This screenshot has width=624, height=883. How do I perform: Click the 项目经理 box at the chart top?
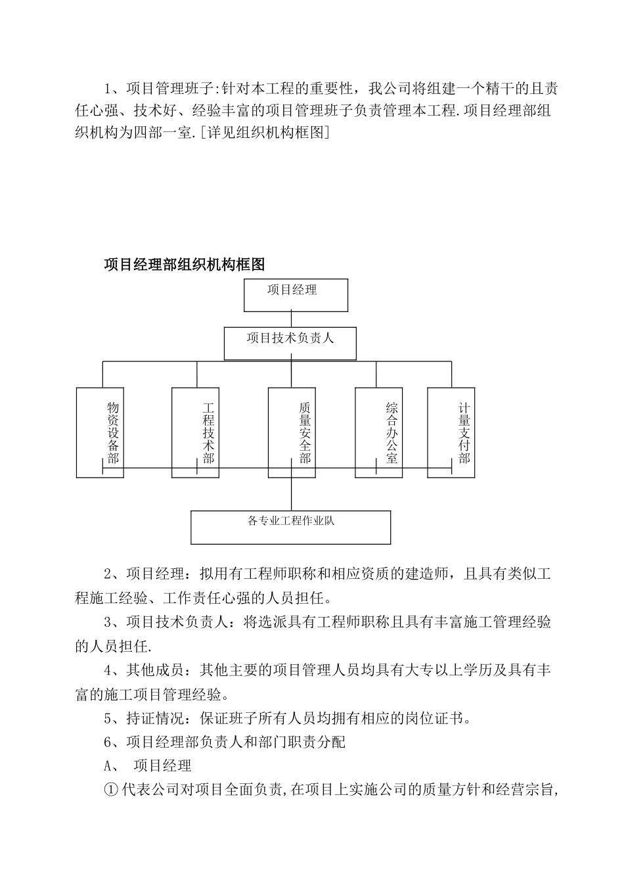coord(296,295)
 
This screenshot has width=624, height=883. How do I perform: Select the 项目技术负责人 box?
coord(290,344)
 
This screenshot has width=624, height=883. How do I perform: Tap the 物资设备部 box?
coord(100,432)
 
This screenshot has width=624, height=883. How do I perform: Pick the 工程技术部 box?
coord(196,432)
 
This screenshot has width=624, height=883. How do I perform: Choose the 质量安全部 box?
coord(292,432)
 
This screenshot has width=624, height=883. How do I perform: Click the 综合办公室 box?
coord(378,432)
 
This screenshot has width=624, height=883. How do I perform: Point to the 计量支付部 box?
coord(451,432)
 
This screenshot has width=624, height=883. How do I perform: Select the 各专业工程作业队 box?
coord(290,527)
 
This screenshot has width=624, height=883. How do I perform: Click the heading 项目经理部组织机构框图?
coord(184,265)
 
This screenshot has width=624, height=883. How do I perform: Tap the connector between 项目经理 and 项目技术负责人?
coord(291,319)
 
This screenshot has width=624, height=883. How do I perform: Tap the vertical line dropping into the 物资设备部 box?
coord(102,374)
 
